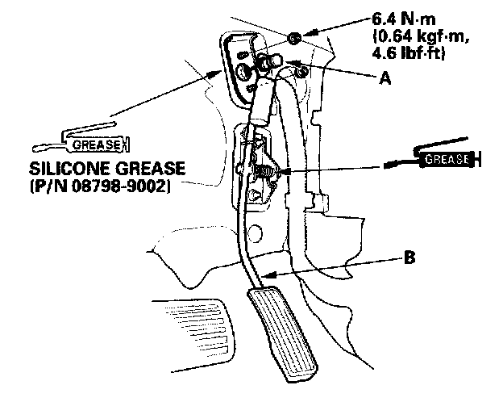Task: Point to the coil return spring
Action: (263, 169)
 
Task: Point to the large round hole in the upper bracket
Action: (242, 73)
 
